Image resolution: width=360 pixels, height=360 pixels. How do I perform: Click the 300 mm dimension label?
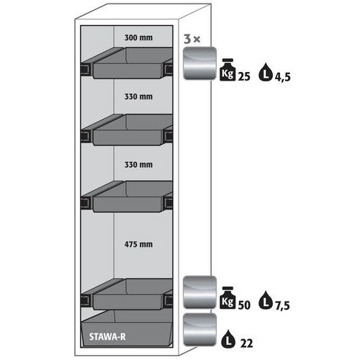[138, 37]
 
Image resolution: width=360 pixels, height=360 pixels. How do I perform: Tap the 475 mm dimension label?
[138, 244]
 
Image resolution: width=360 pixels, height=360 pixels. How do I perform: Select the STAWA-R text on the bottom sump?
[107, 337]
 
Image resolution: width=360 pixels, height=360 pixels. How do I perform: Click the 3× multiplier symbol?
[192, 39]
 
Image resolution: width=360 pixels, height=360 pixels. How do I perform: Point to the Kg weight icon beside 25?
[228, 70]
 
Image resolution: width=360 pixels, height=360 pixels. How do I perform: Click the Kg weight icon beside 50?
[228, 297]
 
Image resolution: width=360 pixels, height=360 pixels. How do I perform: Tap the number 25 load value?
[244, 76]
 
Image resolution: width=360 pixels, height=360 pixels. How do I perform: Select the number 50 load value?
[244, 305]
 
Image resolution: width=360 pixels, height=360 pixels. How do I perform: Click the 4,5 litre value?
[283, 77]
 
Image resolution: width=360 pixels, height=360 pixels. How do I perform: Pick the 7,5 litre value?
[282, 305]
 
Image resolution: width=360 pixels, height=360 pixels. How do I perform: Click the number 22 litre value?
[246, 343]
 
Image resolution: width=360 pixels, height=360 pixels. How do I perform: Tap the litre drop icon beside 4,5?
[266, 72]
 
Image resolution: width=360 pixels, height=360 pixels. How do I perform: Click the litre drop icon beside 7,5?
[266, 300]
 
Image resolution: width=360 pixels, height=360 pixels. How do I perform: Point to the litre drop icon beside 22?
[228, 338]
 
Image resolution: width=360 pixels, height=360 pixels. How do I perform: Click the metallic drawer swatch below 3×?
[199, 63]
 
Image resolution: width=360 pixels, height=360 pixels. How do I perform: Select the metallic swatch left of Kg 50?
[199, 292]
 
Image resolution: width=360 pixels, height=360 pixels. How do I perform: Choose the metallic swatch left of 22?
[199, 329]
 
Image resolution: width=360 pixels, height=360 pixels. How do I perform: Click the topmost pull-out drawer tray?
[127, 63]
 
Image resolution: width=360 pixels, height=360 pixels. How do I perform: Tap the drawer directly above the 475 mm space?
[127, 197]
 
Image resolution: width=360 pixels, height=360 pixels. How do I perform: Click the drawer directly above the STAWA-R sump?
[127, 294]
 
